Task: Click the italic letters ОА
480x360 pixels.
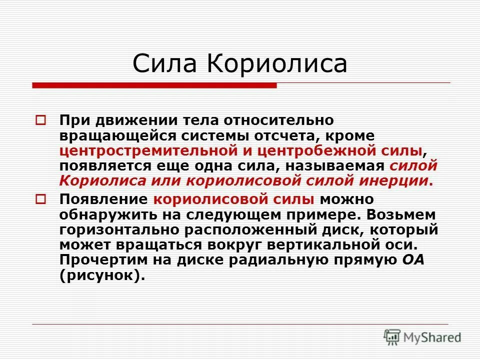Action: point(412,260)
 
